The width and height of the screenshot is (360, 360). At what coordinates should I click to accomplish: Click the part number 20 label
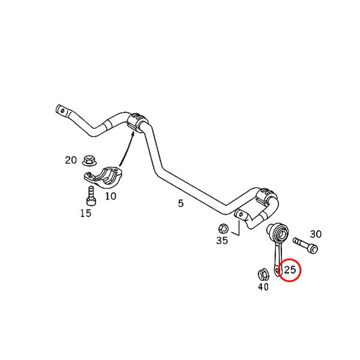pos(71,160)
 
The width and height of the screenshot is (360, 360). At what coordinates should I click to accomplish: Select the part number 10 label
pos(110,196)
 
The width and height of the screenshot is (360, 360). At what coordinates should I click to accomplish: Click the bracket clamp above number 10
pos(103,177)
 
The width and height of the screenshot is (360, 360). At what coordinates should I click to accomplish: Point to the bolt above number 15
pos(91,196)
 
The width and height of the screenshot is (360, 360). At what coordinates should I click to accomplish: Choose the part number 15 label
pos(86,213)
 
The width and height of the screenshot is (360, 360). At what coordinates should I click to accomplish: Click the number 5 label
pos(181,203)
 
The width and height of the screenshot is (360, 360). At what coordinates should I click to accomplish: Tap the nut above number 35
pos(223,229)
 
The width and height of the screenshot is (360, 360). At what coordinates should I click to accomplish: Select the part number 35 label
pos(222,241)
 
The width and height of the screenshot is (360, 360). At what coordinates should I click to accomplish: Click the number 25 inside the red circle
pos(290,269)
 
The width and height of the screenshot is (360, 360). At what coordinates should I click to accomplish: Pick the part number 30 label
pos(316,234)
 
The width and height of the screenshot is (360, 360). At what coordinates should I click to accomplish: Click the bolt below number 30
pos(305,245)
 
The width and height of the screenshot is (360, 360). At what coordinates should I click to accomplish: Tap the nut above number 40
pos(263,274)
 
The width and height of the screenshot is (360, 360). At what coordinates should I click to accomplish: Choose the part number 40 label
pos(263,287)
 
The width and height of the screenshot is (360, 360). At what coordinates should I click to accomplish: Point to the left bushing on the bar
pos(137,121)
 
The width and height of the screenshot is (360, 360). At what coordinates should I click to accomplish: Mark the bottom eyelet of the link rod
pos(278,271)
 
